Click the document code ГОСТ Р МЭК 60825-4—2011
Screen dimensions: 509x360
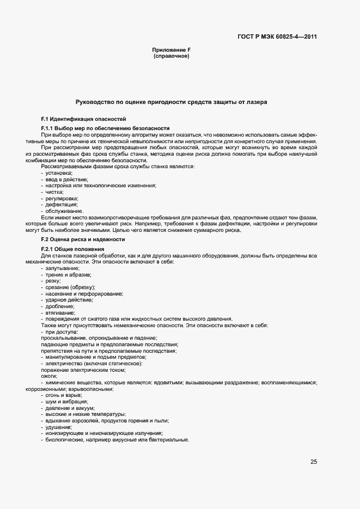277,37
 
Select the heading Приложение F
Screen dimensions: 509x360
171,50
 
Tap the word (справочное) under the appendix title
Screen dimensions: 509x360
171,56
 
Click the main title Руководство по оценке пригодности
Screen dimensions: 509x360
171,102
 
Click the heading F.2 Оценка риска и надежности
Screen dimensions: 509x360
83,239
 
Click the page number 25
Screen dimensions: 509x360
313,462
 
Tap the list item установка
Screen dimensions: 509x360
60,173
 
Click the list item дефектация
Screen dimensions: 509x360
63,204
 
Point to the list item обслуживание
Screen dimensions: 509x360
65,211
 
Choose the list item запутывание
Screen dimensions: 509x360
63,268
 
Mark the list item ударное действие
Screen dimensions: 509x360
69,300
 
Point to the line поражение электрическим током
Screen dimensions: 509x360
83,370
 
